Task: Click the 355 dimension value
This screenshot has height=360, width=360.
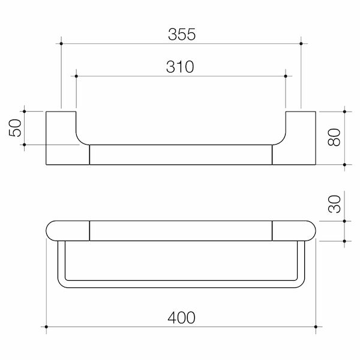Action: coord(182,34)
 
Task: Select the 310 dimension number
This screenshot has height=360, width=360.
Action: coord(180,67)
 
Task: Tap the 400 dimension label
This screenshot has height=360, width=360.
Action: coord(181,318)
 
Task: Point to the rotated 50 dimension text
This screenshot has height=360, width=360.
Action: coord(15,128)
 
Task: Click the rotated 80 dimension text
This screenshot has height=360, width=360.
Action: coord(334,137)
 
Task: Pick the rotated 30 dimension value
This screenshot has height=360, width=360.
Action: coord(334,204)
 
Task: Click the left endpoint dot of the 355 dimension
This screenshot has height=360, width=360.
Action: coord(61,44)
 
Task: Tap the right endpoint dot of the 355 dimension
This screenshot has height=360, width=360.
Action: coord(301,44)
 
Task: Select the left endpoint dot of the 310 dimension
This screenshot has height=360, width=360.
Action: coord(76,76)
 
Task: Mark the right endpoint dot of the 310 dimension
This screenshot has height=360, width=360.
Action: coord(286,76)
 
